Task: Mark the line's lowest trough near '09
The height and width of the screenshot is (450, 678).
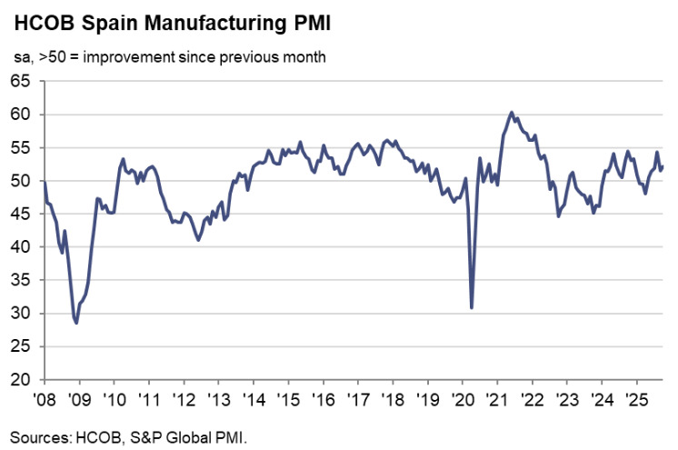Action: [77, 323]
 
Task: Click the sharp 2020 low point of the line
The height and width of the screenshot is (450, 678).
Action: [472, 307]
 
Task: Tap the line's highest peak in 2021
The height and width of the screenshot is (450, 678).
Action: [512, 112]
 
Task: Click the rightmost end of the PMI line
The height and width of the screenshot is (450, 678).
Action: [663, 166]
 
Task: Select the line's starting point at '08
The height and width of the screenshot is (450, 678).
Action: [45, 182]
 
